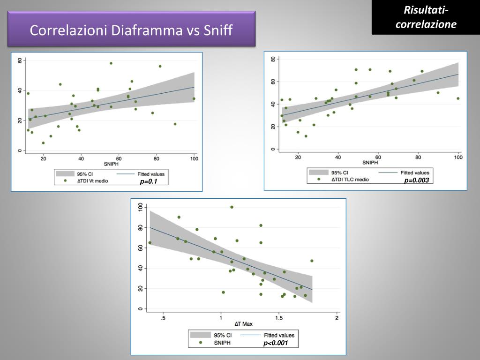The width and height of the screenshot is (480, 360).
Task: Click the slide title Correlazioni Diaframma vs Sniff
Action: [131, 30]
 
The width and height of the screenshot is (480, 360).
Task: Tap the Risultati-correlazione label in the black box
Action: [426, 17]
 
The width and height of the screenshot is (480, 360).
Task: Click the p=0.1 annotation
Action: [148, 182]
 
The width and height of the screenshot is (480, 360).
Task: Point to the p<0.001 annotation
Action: [275, 343]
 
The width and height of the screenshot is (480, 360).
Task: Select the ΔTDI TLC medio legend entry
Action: [350, 179]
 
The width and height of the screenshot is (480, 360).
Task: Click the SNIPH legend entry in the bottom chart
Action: [222, 343]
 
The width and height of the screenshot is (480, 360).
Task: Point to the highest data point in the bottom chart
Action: [232, 207]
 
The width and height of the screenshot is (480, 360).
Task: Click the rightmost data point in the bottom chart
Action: [312, 261]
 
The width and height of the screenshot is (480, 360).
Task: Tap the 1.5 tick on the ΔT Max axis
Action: [279, 318]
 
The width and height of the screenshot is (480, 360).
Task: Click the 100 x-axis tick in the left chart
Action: [194, 158]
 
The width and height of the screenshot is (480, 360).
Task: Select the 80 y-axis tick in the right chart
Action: [273, 59]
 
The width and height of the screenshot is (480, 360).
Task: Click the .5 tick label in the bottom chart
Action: [163, 318]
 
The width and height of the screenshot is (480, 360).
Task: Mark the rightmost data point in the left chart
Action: [194, 99]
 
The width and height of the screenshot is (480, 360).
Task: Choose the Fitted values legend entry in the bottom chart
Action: [279, 336]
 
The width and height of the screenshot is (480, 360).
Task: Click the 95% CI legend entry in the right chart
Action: [339, 172]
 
